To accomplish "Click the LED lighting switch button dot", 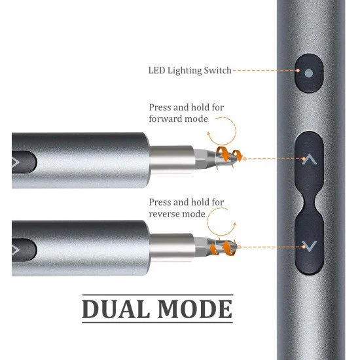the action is click(x=309, y=73).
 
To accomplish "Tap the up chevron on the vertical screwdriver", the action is click(x=309, y=159).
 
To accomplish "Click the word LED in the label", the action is click(x=157, y=71).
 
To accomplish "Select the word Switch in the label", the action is click(x=218, y=71).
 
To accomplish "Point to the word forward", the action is click(x=166, y=119).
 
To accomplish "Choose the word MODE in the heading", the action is click(x=195, y=309).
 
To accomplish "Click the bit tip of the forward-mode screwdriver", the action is click(x=236, y=158).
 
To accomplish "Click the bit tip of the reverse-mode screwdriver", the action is click(x=236, y=247).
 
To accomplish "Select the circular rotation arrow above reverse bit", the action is click(x=207, y=222).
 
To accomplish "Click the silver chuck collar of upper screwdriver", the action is click(x=172, y=160).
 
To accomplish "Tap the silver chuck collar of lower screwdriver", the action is click(x=172, y=247).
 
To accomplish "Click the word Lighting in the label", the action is click(x=185, y=71).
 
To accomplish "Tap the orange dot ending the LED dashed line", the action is click(x=298, y=71).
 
